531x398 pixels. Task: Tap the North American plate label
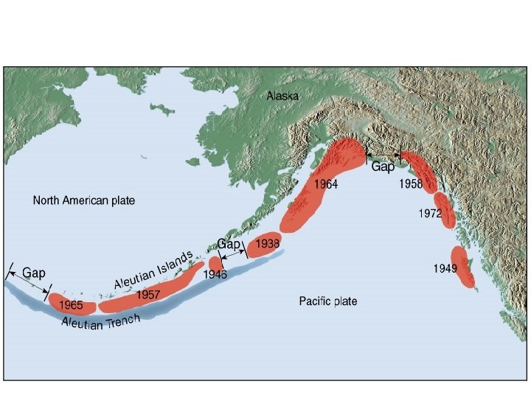[84, 200]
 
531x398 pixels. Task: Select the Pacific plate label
[328, 301]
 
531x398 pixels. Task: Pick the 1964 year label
[325, 185]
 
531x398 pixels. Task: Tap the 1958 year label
[411, 185]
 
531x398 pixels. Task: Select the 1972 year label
[429, 214]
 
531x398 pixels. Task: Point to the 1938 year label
[267, 242]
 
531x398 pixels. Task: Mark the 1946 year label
[215, 274]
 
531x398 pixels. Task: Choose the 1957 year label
[148, 294]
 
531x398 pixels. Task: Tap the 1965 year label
[71, 304]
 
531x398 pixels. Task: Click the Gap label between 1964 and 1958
[382, 167]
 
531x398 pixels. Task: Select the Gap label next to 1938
[229, 243]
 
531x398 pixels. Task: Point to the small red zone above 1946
[215, 262]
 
